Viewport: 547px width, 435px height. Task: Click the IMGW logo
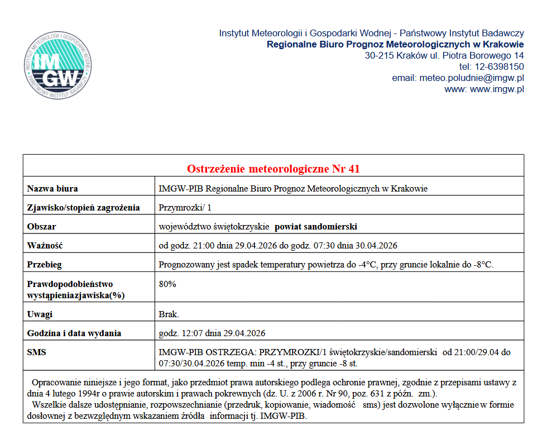click(x=58, y=66)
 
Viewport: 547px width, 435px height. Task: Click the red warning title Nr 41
click(x=276, y=169)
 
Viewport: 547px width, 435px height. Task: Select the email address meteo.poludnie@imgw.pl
click(x=472, y=78)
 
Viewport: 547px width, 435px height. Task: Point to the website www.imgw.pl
click(x=497, y=89)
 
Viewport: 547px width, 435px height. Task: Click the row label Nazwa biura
click(x=52, y=189)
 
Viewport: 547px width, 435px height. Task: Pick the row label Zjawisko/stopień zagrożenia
click(x=83, y=208)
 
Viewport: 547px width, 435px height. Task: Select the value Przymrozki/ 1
click(x=185, y=208)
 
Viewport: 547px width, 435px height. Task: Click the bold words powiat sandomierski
click(x=316, y=227)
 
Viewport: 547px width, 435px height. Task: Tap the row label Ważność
click(x=45, y=246)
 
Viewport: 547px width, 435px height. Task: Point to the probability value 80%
click(x=167, y=284)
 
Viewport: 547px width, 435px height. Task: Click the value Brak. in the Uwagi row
click(x=169, y=314)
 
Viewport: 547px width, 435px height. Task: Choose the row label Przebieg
click(x=45, y=265)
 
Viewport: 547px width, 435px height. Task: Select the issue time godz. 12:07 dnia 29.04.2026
click(x=212, y=333)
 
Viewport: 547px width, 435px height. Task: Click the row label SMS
click(x=37, y=352)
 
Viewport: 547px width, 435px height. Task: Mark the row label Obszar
click(x=42, y=227)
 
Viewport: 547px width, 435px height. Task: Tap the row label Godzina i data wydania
click(x=74, y=333)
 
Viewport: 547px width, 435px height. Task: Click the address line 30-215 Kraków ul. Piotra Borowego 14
click(x=444, y=55)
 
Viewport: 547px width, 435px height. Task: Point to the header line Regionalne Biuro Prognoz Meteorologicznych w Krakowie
click(x=395, y=44)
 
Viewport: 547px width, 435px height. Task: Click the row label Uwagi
click(x=40, y=314)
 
